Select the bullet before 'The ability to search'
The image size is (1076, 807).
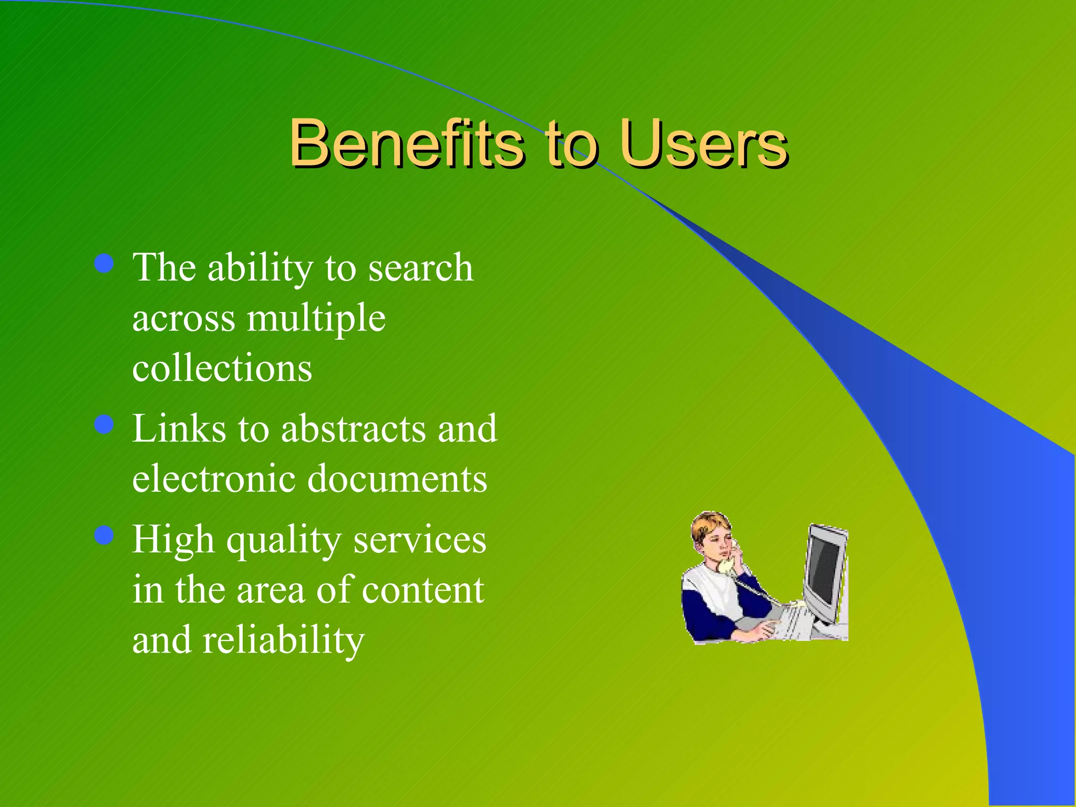(x=105, y=263)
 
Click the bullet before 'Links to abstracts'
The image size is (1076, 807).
(x=105, y=424)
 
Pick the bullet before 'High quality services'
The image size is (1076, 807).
(x=105, y=535)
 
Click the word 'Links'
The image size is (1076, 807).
(x=179, y=429)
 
